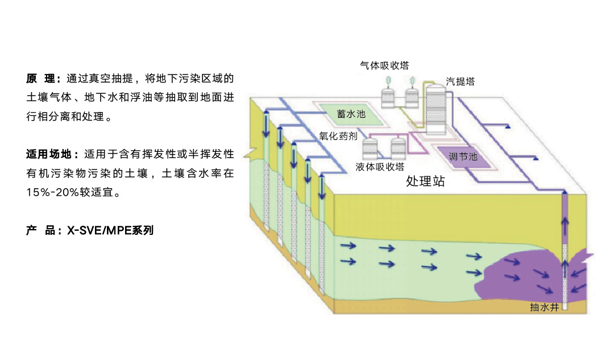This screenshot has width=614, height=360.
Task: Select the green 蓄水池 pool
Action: [x=350, y=114]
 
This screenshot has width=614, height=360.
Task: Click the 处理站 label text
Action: [x=425, y=182]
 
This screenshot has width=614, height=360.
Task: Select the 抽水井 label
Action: [x=545, y=308]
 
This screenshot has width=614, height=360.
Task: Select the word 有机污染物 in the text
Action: [x=60, y=173]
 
